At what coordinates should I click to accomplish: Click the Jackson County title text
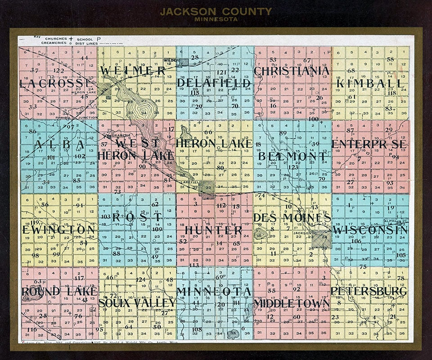click(x=216, y=11)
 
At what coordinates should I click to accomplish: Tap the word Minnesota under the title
click(x=216, y=19)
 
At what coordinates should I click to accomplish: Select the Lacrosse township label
click(x=56, y=84)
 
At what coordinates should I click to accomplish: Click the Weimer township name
click(x=133, y=71)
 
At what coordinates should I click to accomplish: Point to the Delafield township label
click(x=214, y=83)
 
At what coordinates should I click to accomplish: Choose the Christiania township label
click(x=292, y=71)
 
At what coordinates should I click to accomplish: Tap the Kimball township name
click(x=371, y=83)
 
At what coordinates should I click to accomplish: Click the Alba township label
click(x=59, y=144)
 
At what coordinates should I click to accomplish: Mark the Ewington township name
click(x=59, y=229)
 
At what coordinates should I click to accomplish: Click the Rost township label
click(x=137, y=217)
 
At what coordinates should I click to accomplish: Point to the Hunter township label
click(x=214, y=230)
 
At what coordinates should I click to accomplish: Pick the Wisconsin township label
click(x=370, y=230)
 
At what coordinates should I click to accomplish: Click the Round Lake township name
click(x=59, y=291)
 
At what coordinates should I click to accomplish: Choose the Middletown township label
click(x=292, y=304)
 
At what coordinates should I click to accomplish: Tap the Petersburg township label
click(x=369, y=291)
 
